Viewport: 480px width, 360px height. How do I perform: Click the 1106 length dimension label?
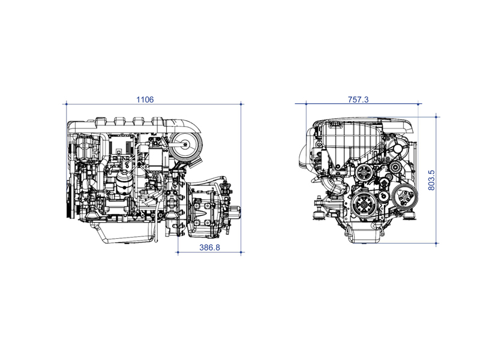click(145, 100)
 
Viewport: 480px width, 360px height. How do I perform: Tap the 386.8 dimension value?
click(209, 247)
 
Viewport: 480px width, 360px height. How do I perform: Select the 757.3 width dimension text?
click(358, 100)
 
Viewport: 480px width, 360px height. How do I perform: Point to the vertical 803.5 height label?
click(431, 181)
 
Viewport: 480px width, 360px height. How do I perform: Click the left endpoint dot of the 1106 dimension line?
click(67, 104)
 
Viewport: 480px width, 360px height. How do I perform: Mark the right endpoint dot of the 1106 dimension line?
click(241, 104)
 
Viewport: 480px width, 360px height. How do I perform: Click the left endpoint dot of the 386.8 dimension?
click(178, 253)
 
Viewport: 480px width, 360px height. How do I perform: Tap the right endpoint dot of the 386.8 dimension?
click(241, 253)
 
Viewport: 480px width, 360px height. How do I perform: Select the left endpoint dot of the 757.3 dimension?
click(306, 104)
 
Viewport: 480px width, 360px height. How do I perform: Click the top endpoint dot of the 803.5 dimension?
click(436, 117)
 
